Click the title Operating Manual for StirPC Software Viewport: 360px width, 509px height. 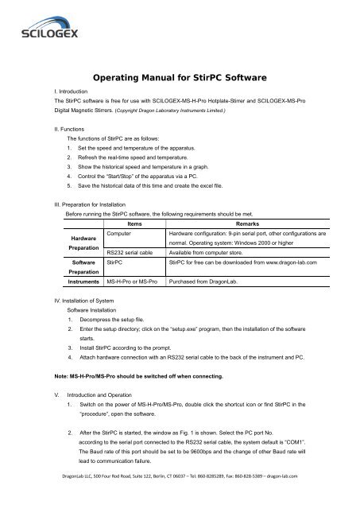pyautogui.click(x=179, y=80)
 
